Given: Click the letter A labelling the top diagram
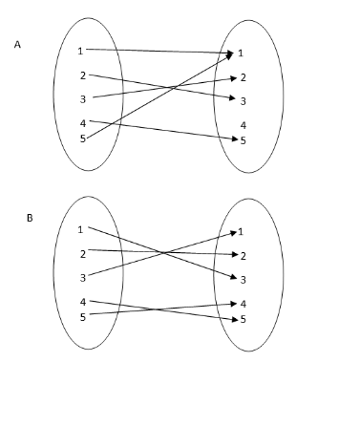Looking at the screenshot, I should pyautogui.click(x=17, y=44).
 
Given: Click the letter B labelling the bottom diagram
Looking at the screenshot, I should pyautogui.click(x=30, y=218).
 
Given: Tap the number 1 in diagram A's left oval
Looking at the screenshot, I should pyautogui.click(x=81, y=51).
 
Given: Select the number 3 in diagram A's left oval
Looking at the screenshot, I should pyautogui.click(x=82, y=98).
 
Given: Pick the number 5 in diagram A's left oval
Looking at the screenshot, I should pyautogui.click(x=82, y=138).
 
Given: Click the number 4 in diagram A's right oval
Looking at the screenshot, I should pyautogui.click(x=244, y=125).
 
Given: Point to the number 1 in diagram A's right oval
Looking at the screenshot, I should pyautogui.click(x=242, y=53).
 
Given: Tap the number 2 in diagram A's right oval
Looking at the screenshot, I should pyautogui.click(x=243, y=77).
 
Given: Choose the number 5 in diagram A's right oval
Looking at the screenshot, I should pyautogui.click(x=244, y=140).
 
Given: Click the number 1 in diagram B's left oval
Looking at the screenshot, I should pyautogui.click(x=80, y=229).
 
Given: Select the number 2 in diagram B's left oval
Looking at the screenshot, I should pyautogui.click(x=83, y=254).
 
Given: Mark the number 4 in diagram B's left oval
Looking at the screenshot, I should pyautogui.click(x=83, y=302).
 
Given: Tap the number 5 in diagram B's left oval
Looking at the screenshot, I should pyautogui.click(x=83, y=316).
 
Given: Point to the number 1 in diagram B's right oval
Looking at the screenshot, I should pyautogui.click(x=241, y=231).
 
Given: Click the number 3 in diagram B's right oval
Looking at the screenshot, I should pyautogui.click(x=244, y=280).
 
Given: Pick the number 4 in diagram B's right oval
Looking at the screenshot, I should pyautogui.click(x=244, y=304).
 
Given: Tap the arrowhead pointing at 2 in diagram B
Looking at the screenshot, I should pyautogui.click(x=231, y=255).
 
